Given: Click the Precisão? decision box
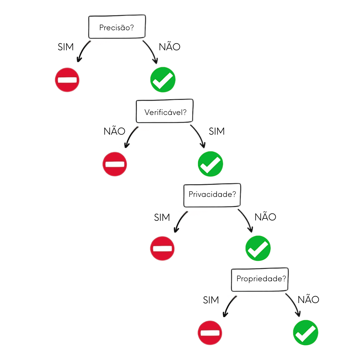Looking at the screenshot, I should tap(117, 27).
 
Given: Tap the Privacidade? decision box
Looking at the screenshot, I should tap(212, 195).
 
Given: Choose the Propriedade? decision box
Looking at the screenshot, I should tap(260, 279).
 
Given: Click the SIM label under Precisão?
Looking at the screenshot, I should tap(66, 47).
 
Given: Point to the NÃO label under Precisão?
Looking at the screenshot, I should tap(169, 47).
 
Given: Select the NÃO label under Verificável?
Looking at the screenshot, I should tap(114, 131).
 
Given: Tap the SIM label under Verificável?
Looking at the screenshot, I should tap(217, 131).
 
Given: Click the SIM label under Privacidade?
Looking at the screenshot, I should tap(162, 218).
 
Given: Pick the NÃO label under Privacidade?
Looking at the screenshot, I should tap(265, 217).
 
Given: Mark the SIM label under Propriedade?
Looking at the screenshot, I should tap(211, 300).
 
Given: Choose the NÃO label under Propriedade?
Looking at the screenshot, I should tap(308, 300).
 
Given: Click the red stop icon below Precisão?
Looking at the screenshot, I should tap(67, 80).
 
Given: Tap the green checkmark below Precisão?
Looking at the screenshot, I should tap(163, 80).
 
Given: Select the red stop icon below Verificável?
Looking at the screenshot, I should tap(115, 164).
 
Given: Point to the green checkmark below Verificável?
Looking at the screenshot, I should tap(211, 164).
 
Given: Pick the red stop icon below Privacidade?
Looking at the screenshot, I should tap(162, 249).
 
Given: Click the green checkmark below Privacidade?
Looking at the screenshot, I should tap(258, 248).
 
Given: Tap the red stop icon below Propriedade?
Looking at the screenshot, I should tap(210, 333).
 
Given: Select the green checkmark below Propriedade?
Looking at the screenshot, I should tap(306, 333).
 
